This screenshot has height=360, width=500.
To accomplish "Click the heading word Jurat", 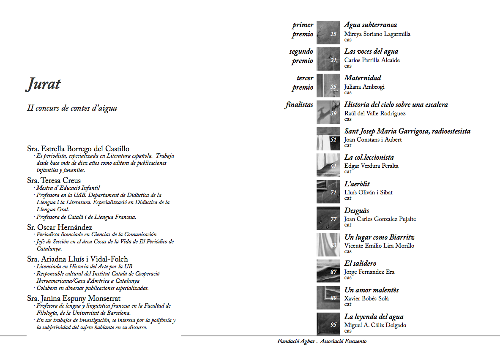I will click(44, 84).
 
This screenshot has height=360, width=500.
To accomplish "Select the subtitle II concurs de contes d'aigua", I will click(72, 108).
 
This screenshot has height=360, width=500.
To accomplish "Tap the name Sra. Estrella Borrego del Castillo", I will click(78, 149).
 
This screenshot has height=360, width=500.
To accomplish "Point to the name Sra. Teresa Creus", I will click(54, 180).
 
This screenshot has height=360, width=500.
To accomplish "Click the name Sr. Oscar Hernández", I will click(60, 227).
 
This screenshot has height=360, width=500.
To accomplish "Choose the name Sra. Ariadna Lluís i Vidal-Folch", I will click(77, 259).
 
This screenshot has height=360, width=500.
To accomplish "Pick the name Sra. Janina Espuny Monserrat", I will click(74, 299).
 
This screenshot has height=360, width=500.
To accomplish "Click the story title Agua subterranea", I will click(370, 25).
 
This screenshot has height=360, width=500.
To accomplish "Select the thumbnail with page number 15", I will click(328, 33).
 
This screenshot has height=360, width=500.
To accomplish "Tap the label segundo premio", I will click(301, 56).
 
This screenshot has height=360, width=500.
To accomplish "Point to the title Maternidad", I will click(362, 78).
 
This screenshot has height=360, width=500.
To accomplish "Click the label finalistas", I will click(299, 105).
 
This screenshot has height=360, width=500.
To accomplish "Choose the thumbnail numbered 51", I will click(328, 139).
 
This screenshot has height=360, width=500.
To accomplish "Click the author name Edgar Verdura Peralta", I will click(371, 166).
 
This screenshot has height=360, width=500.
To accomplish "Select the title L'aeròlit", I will click(357, 184).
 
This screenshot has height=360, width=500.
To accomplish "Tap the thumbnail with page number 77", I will click(328, 218).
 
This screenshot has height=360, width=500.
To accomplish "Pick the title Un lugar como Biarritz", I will click(379, 237).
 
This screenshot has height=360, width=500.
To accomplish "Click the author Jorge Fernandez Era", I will click(369, 272).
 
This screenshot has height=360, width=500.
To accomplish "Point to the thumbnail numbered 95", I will click(328, 324).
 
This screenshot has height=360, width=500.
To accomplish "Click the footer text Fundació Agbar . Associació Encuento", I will click(322, 341).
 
